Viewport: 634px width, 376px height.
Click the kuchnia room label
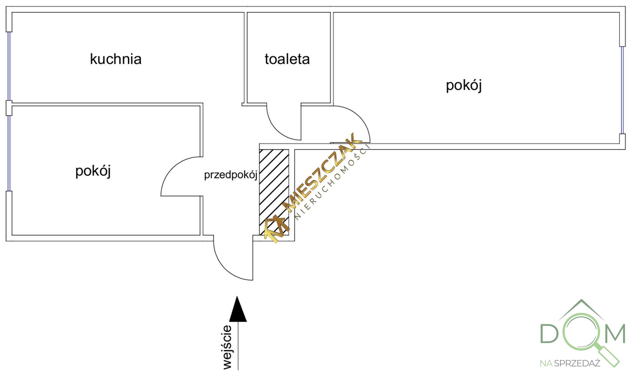(116, 59)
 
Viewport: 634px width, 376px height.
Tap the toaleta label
(287, 59)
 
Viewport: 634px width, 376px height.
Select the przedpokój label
(230, 175)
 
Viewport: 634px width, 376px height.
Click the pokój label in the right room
(464, 85)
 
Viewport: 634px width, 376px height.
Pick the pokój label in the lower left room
(93, 171)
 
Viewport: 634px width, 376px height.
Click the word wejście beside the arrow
(227, 347)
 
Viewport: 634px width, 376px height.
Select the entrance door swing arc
(225, 269)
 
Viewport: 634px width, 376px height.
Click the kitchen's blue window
(9, 66)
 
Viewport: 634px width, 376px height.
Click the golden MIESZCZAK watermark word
(322, 172)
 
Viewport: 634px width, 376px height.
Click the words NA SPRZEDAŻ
(570, 363)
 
